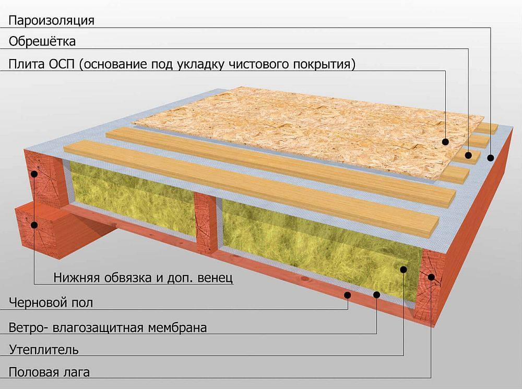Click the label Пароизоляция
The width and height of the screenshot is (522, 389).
coord(51,21)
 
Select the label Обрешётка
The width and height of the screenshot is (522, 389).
coord(42,42)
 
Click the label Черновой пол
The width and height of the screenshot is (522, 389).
coord(51,303)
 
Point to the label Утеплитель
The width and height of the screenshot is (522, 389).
coord(44,350)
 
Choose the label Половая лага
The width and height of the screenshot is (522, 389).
coord(49,372)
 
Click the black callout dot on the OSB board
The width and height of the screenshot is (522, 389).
coord(445,142)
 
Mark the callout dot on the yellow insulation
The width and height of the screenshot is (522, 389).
coord(404,269)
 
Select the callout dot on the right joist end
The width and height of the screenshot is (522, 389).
coord(431,277)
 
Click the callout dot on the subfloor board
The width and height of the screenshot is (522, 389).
coord(348,294)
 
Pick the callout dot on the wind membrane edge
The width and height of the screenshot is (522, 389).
coord(376,294)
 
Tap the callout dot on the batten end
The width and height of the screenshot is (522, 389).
coord(468,155)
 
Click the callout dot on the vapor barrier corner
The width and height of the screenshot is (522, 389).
coord(490,158)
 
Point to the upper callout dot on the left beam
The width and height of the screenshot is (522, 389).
coord(34,173)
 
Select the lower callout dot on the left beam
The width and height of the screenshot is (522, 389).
coord(34,225)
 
